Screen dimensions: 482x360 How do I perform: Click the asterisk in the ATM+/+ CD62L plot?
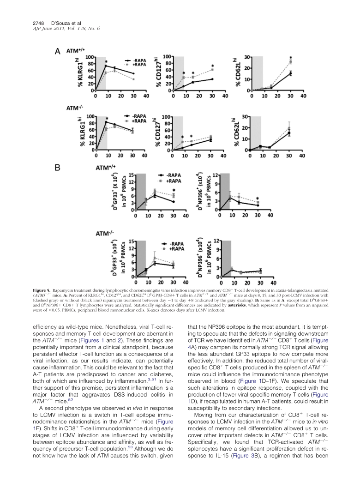291,58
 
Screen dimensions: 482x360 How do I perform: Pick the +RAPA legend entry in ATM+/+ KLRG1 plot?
135,66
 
